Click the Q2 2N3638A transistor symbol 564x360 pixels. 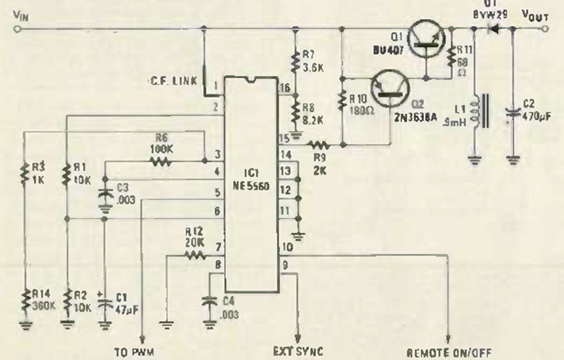point(388,88)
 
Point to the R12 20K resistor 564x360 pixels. point(192,254)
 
